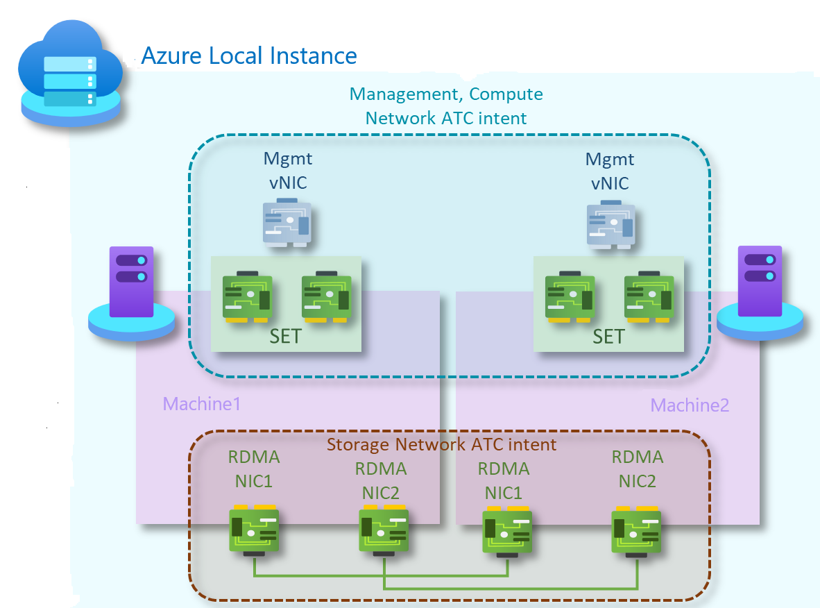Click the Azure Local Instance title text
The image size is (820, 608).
click(x=248, y=56)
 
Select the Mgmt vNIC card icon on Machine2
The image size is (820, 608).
click(x=610, y=223)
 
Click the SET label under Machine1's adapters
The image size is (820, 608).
click(x=286, y=337)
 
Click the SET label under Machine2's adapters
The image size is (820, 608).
click(x=608, y=337)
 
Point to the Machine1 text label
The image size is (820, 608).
click(x=201, y=404)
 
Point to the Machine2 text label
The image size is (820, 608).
click(x=690, y=405)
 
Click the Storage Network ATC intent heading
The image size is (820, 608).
click(x=441, y=444)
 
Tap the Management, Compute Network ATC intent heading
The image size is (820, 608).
click(x=446, y=105)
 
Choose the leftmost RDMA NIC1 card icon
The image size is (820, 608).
click(x=255, y=531)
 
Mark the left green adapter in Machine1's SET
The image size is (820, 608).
click(x=248, y=297)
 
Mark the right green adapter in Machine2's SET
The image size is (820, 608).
click(x=649, y=297)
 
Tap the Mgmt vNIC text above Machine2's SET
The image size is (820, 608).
click(x=610, y=171)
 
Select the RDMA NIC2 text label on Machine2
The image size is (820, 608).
click(x=638, y=468)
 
